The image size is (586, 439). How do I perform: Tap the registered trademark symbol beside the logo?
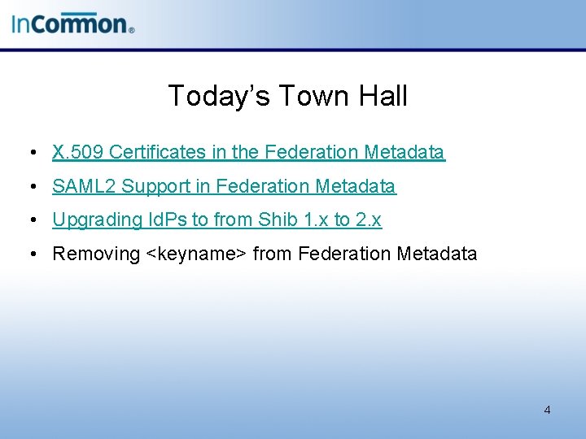(131, 29)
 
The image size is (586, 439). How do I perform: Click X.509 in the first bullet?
(77, 152)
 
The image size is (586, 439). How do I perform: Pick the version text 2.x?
(368, 219)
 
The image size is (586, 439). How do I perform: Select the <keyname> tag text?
(196, 254)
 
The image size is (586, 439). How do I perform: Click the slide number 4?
(547, 410)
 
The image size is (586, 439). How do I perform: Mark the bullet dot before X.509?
(29, 153)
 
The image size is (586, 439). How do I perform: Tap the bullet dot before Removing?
(29, 254)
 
